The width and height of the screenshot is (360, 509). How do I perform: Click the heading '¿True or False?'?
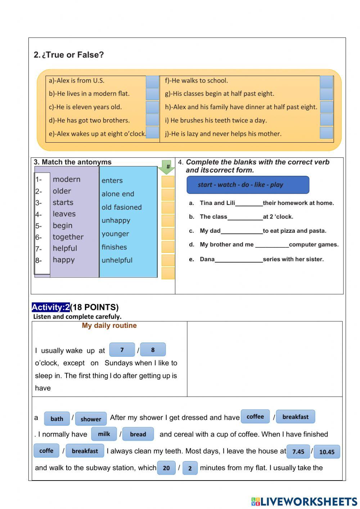click(72, 55)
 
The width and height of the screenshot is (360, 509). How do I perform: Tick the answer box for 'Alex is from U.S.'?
click(152, 81)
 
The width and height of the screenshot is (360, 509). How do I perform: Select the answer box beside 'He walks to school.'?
click(326, 81)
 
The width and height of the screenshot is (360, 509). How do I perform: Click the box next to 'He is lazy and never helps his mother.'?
click(326, 133)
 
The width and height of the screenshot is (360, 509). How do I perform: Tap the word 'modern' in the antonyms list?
click(67, 179)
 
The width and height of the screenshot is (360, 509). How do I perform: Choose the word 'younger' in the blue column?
click(115, 234)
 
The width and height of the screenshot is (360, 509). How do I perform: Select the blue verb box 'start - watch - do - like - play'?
click(248, 185)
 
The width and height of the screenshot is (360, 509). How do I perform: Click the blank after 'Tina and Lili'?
click(249, 204)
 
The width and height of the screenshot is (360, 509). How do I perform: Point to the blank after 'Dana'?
click(239, 260)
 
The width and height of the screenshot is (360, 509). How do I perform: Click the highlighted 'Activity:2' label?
click(50, 307)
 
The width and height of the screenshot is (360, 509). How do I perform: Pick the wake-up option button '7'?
click(122, 350)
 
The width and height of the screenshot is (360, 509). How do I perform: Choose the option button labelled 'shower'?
click(91, 419)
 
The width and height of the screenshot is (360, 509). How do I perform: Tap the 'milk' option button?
click(104, 434)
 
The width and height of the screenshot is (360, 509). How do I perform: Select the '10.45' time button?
click(327, 452)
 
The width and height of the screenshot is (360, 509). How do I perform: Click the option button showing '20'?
click(166, 468)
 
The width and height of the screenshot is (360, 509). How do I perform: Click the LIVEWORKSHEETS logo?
click(304, 501)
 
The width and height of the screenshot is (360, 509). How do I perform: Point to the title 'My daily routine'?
click(109, 326)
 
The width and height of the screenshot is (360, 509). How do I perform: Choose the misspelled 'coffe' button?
click(46, 451)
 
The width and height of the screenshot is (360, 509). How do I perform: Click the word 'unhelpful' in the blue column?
click(117, 260)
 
